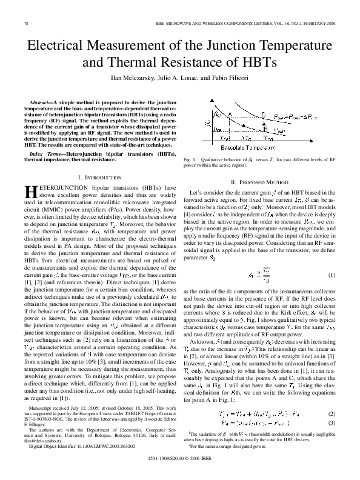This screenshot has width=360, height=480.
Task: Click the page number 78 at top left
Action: [x=25, y=23]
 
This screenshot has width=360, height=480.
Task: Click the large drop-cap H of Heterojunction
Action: [x=30, y=192]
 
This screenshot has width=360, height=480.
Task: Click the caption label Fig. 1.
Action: [x=190, y=158]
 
